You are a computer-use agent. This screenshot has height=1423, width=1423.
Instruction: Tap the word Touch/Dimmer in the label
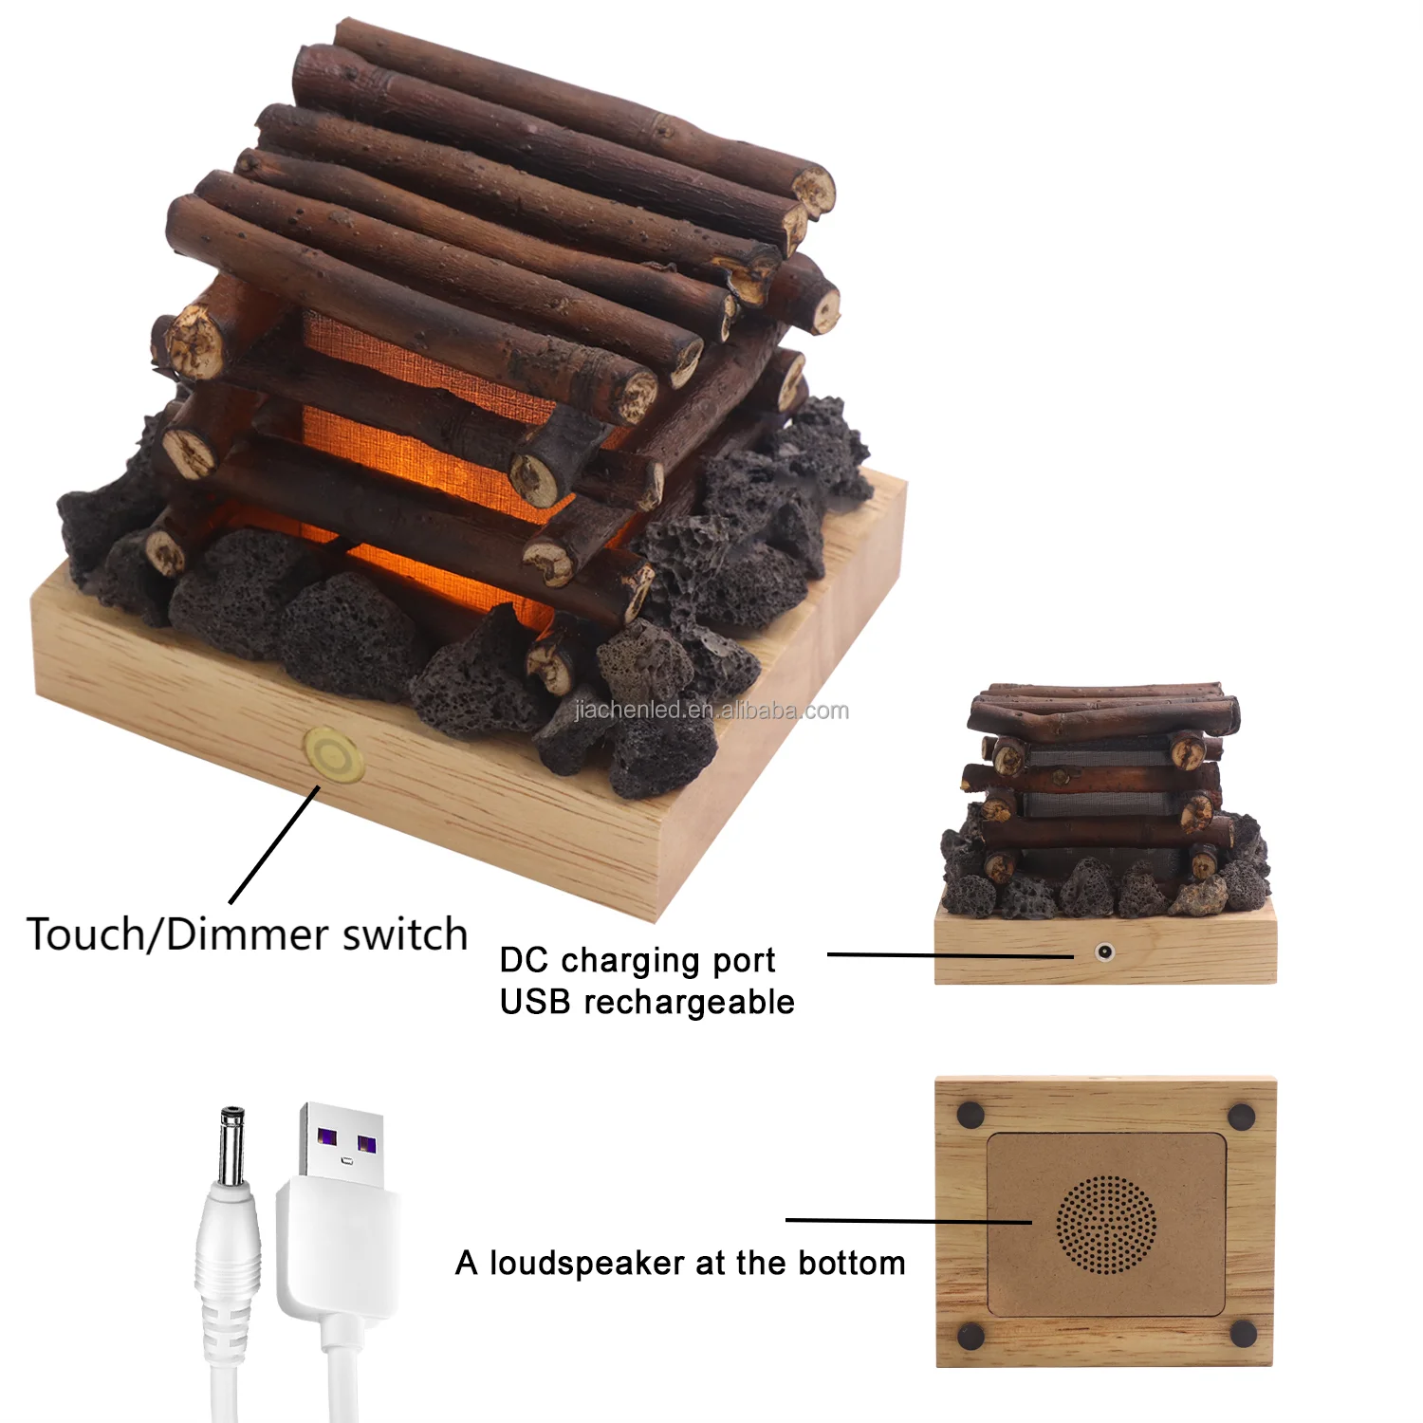[167, 935]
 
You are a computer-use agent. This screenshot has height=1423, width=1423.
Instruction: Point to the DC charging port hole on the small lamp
[1103, 951]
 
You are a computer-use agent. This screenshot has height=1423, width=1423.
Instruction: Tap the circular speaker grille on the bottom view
[1106, 1224]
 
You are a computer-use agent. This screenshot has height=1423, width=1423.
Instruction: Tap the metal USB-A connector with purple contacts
[341, 1144]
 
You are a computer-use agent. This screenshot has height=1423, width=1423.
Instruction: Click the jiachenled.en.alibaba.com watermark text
[711, 711]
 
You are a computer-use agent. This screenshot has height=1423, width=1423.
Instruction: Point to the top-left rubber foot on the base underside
[969, 1114]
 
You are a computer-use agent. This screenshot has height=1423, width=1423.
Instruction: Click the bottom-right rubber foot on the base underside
[1243, 1333]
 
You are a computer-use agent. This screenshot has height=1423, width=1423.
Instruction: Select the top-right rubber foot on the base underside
[1242, 1115]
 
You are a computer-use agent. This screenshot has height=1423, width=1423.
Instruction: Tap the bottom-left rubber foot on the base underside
[970, 1336]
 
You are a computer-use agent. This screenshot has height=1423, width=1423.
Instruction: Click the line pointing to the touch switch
[274, 844]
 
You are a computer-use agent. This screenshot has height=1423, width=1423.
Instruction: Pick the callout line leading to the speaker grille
[908, 1221]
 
